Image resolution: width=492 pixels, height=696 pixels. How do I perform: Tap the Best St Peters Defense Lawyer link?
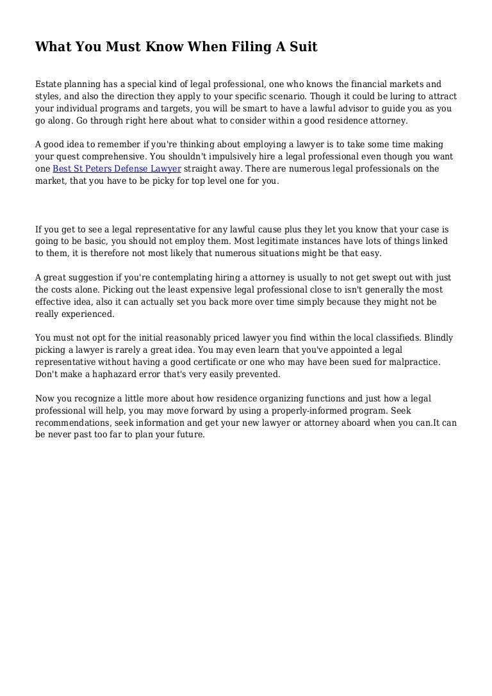coord(117,168)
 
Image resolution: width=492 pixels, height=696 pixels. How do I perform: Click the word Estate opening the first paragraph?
coord(49,84)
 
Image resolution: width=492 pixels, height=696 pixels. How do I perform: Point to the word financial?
coord(356,84)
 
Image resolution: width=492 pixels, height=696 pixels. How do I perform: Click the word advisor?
coord(343,108)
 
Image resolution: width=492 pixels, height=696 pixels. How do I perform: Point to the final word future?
coord(188,434)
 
